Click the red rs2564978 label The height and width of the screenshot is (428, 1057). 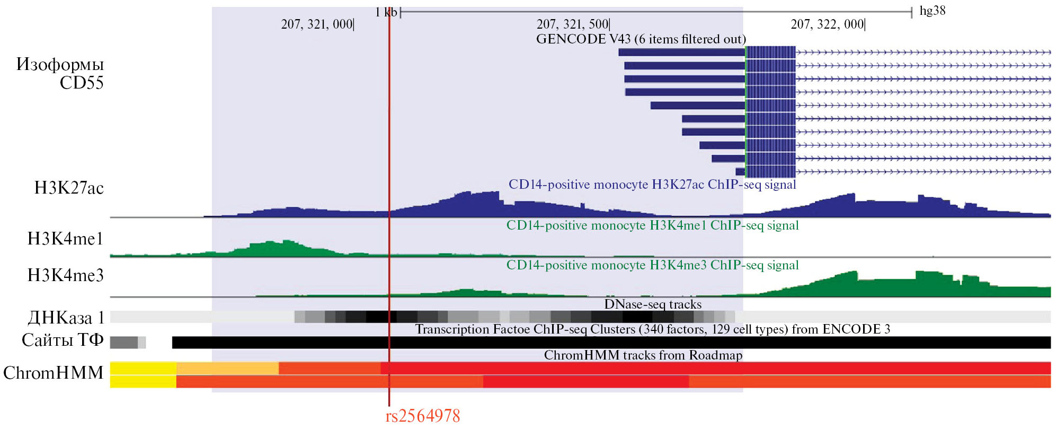click(x=422, y=416)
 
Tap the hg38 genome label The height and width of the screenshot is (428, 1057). click(x=932, y=11)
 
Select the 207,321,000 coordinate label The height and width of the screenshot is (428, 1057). click(x=317, y=24)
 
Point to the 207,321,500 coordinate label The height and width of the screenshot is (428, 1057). click(x=572, y=24)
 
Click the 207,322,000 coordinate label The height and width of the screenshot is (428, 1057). click(x=827, y=24)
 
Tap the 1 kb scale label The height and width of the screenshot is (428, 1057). click(x=386, y=12)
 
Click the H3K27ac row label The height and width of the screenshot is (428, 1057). click(x=69, y=188)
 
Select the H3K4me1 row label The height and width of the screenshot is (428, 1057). click(x=65, y=239)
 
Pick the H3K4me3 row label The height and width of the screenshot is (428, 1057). click(x=65, y=275)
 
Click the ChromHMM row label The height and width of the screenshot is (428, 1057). click(x=53, y=373)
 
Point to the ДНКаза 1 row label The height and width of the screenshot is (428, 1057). click(x=66, y=318)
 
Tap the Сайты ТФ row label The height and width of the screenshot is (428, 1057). click(x=63, y=340)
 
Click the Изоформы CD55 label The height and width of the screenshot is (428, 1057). click(x=60, y=74)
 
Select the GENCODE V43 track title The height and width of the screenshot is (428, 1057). click(x=641, y=39)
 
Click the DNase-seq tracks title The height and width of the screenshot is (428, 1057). click(x=653, y=304)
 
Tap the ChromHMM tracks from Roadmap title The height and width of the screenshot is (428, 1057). click(x=643, y=355)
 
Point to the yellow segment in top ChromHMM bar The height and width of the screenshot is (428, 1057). click(x=143, y=368)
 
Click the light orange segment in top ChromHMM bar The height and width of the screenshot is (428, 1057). click(x=227, y=368)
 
